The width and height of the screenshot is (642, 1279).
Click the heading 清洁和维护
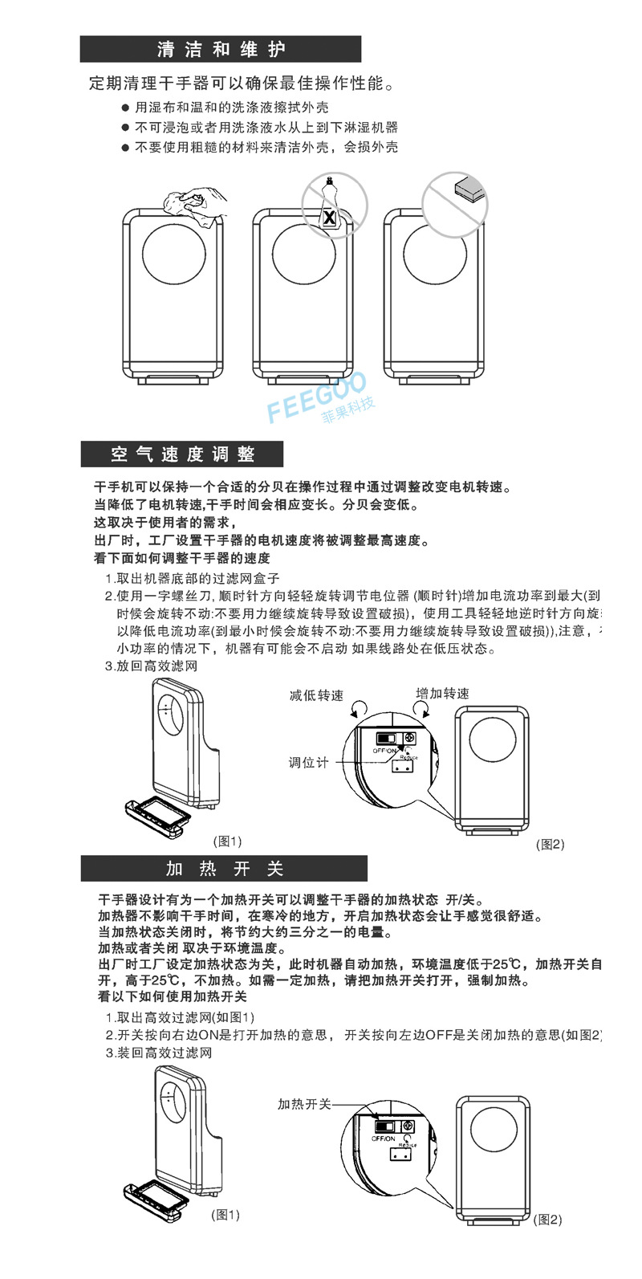coord(220,50)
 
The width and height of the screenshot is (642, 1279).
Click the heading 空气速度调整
coord(182,454)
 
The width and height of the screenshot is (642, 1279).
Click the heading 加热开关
coord(224,869)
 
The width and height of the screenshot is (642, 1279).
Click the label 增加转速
coord(442,693)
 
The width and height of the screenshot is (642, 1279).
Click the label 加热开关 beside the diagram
coord(304,1105)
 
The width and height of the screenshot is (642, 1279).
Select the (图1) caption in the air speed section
coord(227,841)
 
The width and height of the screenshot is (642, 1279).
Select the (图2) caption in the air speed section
coord(551,844)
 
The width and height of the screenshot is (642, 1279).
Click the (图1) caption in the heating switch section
coord(225,1215)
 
